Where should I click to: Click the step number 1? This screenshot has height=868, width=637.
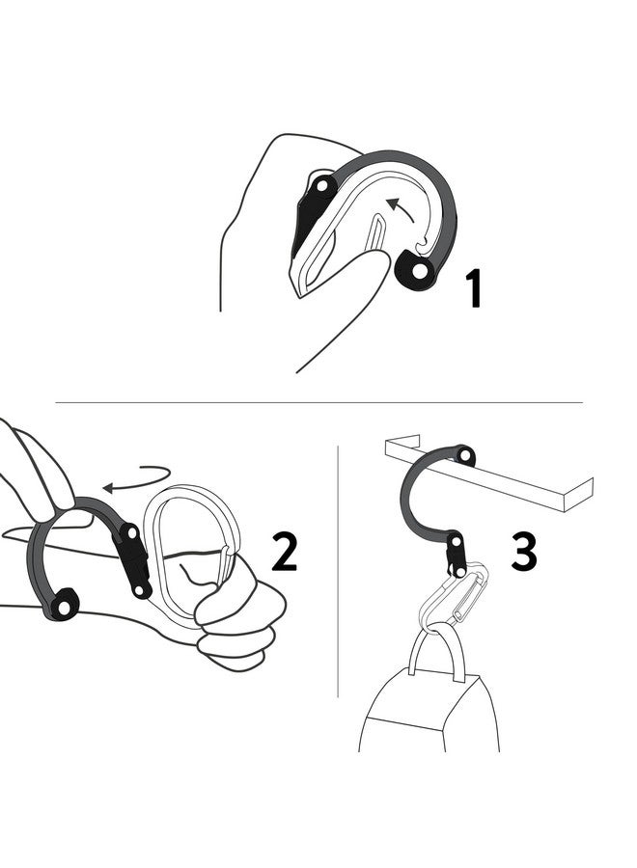pyautogui.click(x=473, y=288)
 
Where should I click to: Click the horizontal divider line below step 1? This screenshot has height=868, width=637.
pyautogui.click(x=318, y=402)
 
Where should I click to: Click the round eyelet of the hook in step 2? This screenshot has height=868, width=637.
pyautogui.click(x=65, y=605)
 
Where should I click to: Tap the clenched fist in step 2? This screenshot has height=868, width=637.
pyautogui.click(x=236, y=617)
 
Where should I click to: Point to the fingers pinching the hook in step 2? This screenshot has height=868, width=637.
pyautogui.click(x=39, y=473)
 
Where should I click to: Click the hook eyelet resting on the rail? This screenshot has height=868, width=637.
pyautogui.click(x=465, y=455)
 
